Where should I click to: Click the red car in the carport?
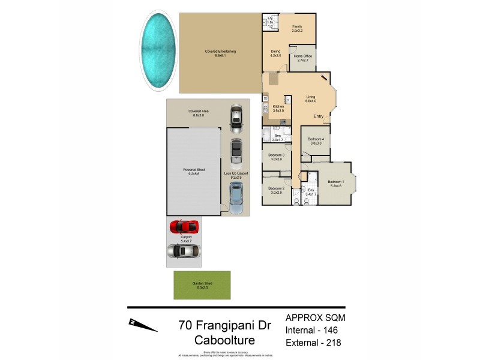point(184,227)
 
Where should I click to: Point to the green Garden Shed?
point(202,285)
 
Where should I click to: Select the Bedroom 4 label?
point(316,139)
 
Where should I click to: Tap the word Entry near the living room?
point(318,116)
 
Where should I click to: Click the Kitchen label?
point(278,106)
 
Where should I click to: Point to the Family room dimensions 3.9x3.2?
point(297,31)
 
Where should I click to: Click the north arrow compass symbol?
point(143,325)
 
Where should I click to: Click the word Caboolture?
point(225,340)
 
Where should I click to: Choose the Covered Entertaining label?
point(220,52)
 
